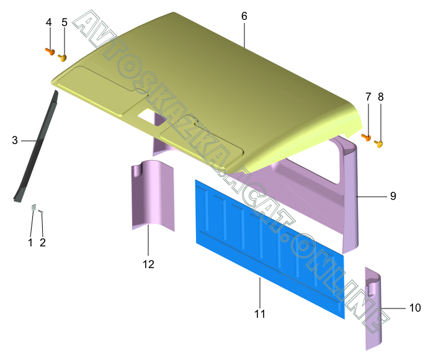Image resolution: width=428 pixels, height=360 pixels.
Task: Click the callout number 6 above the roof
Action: pyautogui.click(x=244, y=16)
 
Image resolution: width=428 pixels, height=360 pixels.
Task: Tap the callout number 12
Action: pyautogui.click(x=148, y=264)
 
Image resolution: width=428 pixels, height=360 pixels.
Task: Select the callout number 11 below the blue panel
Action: pyautogui.click(x=260, y=314)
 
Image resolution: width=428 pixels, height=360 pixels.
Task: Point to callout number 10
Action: pyautogui.click(x=415, y=308)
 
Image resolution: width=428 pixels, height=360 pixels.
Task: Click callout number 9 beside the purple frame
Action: pyautogui.click(x=393, y=196)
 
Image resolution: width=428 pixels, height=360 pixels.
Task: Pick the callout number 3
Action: pyautogui.click(x=15, y=140)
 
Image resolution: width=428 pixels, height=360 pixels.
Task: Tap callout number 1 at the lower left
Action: pyautogui.click(x=30, y=242)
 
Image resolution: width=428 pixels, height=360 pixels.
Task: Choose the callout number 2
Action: pyautogui.click(x=43, y=242)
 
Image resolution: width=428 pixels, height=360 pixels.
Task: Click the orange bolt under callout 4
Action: pyautogui.click(x=50, y=52)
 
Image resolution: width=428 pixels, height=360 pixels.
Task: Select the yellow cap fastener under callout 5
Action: pyautogui.click(x=63, y=58)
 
